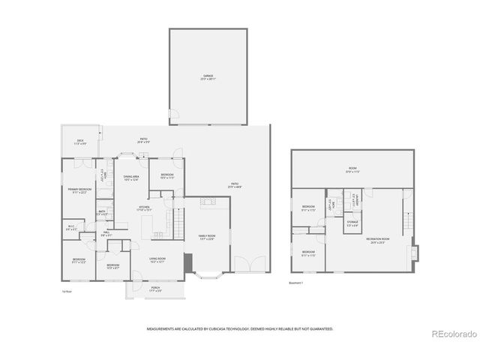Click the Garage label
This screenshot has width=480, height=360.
click(x=208, y=76)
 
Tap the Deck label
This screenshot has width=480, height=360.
click(x=80, y=142)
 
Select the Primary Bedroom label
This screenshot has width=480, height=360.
click(x=79, y=190)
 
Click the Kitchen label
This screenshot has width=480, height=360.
click(x=144, y=209)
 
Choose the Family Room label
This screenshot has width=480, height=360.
click(x=206, y=238)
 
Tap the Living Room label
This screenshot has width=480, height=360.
click(x=157, y=261)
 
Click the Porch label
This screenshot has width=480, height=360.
click(x=155, y=289)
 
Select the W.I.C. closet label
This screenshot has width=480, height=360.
click(x=70, y=227)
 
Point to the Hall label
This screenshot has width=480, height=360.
click(x=106, y=234)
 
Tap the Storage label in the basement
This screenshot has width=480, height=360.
click(x=352, y=223)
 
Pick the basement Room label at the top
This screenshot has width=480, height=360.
click(x=352, y=171)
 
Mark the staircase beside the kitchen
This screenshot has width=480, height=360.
click(x=178, y=223)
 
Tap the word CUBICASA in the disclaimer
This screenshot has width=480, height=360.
click(x=218, y=328)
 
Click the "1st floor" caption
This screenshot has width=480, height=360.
click(x=67, y=291)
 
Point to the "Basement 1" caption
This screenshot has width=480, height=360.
click(x=297, y=283)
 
